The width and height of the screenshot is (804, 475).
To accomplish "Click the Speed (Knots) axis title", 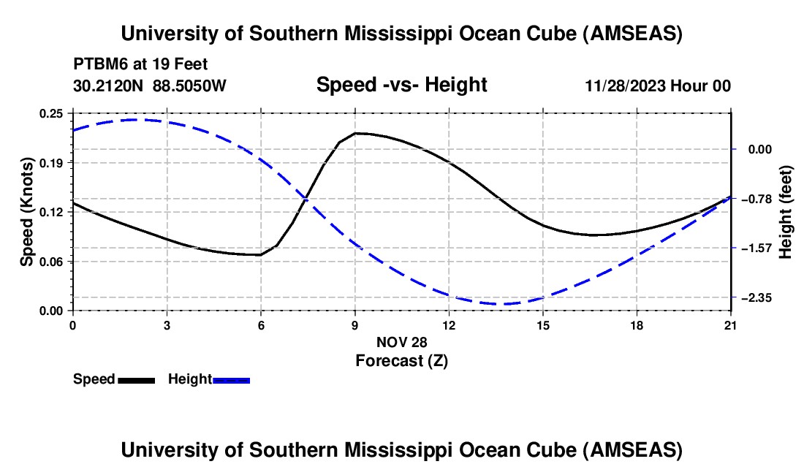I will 26,212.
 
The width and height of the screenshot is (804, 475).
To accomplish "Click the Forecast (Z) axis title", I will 401,360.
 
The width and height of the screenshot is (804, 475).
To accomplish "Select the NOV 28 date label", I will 401,342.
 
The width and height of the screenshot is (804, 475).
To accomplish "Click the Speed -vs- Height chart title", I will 401,85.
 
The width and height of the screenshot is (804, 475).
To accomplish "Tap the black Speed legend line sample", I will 136,379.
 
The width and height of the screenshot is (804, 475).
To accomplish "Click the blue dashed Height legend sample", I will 231,379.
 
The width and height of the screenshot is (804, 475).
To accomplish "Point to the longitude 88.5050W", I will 190,85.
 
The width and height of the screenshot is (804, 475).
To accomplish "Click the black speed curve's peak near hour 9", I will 356,133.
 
